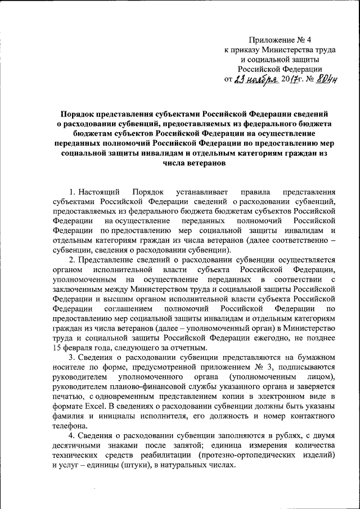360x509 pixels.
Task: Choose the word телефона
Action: tap(70, 425)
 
